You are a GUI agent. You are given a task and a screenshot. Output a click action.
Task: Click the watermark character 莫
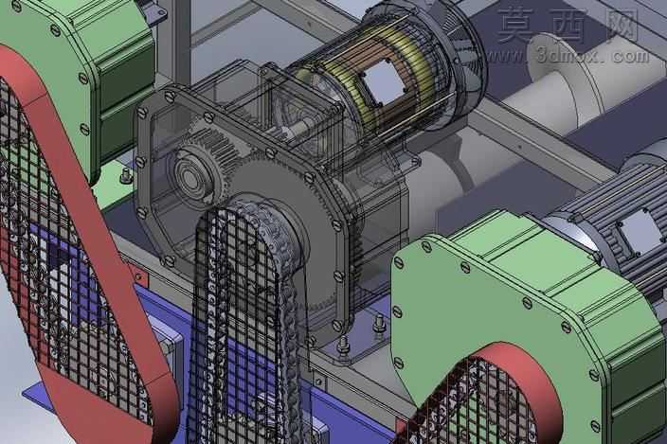[515, 26]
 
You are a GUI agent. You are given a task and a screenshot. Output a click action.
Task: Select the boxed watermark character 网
[622, 26]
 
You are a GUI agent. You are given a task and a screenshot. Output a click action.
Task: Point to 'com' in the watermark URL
[629, 56]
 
